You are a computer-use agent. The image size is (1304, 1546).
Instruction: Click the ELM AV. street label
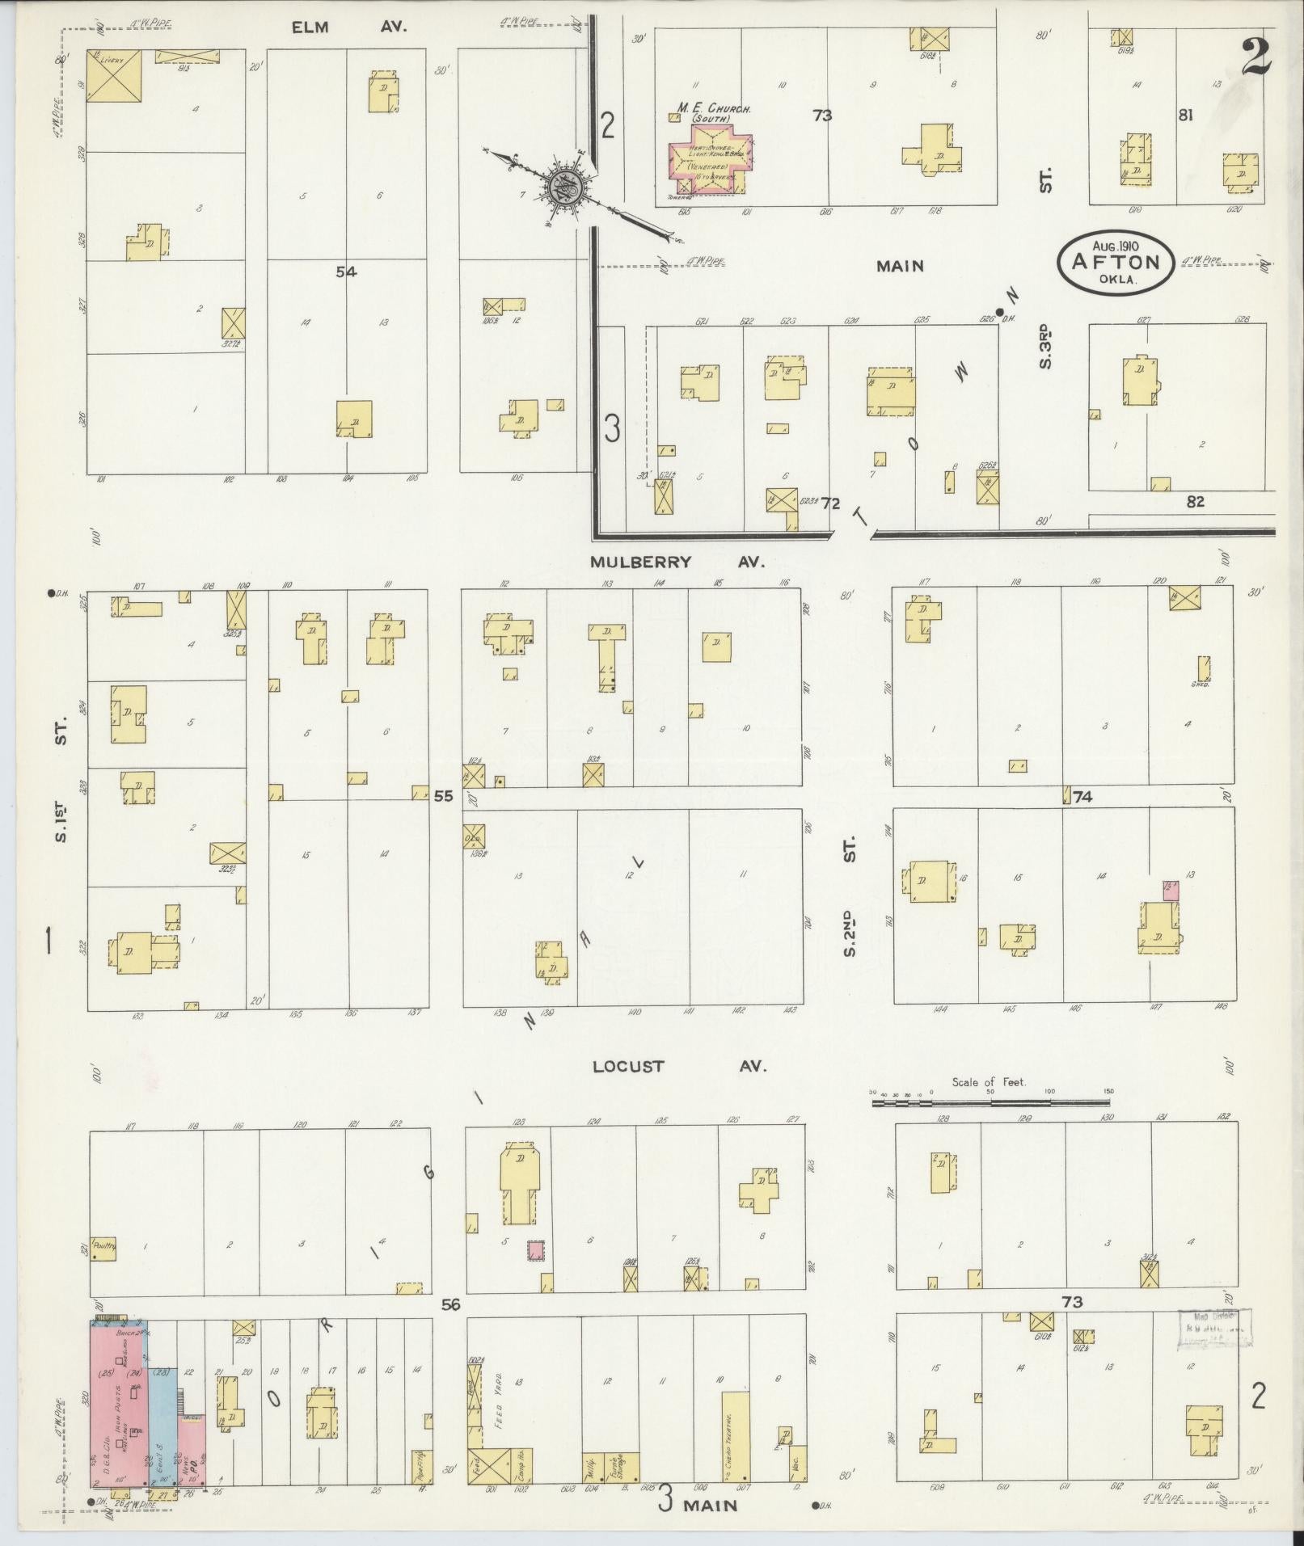pos(349,27)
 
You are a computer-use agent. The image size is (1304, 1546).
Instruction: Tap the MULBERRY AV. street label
pos(676,562)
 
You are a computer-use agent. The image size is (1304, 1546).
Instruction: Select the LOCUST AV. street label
pos(678,1066)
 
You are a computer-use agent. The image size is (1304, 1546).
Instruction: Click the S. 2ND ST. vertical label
pos(849,897)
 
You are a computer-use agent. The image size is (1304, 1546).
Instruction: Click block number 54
pos(346,272)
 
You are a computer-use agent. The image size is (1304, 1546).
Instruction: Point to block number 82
pos(1195,501)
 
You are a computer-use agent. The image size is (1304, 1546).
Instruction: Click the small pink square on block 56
pos(535,1274)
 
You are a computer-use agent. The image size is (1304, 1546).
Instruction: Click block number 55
pos(443,796)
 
